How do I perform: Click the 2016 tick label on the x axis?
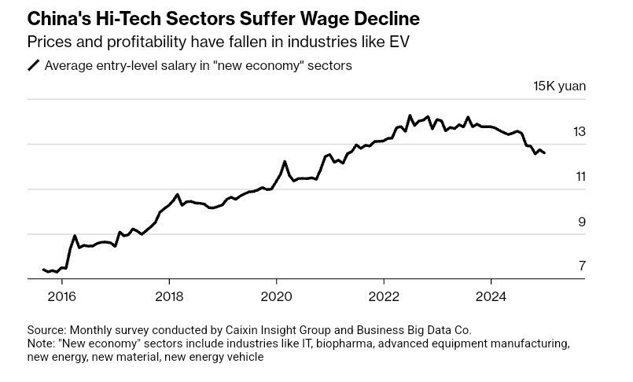(x=61, y=296)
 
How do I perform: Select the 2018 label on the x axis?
(x=168, y=296)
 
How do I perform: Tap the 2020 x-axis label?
(x=276, y=296)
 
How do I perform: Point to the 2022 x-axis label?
(x=383, y=296)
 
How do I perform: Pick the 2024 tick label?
(x=491, y=296)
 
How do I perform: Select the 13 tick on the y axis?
(x=580, y=132)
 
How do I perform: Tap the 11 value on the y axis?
(x=580, y=177)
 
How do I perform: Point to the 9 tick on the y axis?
(x=582, y=222)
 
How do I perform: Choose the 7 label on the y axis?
(x=582, y=266)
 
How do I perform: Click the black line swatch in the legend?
(x=34, y=66)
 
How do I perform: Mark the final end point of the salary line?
(x=544, y=153)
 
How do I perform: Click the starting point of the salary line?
(x=43, y=270)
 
